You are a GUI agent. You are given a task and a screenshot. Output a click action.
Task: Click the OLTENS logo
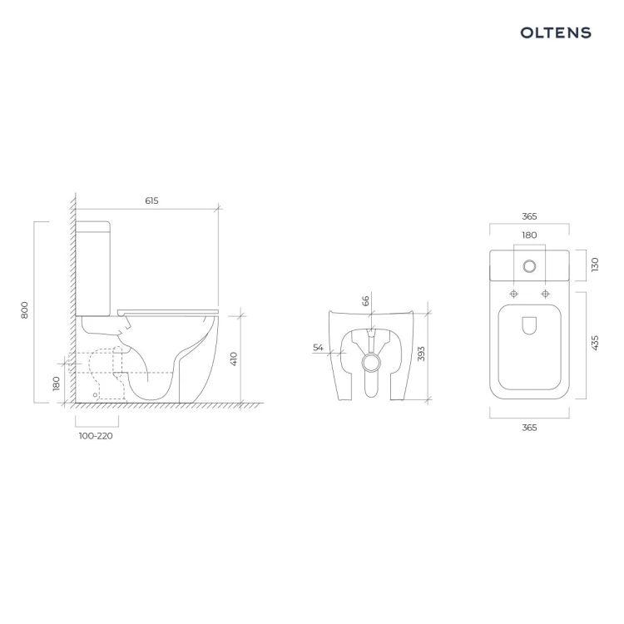(x=556, y=32)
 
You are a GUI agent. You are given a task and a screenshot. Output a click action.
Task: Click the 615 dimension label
(x=151, y=201)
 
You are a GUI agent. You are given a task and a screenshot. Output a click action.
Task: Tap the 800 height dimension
(x=25, y=310)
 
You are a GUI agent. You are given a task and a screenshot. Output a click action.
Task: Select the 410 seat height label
(x=234, y=359)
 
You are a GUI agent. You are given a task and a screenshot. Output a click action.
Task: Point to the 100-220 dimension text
(x=96, y=436)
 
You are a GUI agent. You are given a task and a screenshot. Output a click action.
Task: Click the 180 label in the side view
(x=57, y=384)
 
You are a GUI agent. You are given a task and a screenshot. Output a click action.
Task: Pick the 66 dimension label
(x=366, y=300)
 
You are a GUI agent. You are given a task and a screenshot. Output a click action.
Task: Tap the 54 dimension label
(x=318, y=348)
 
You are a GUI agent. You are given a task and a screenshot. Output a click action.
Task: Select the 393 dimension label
(x=422, y=354)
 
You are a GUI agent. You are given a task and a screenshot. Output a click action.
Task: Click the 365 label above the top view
(x=529, y=216)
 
